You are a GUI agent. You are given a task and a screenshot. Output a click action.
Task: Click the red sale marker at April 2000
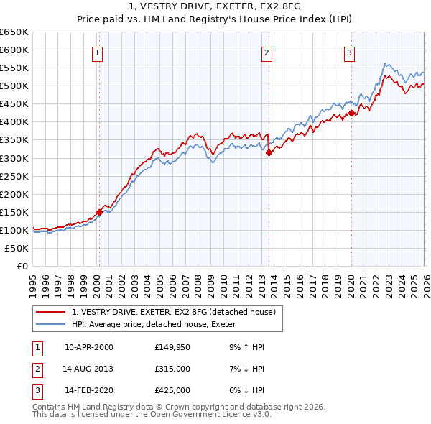(99, 211)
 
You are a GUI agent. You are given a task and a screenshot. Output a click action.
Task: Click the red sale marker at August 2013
(268, 152)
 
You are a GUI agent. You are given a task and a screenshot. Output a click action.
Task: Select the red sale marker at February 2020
(351, 113)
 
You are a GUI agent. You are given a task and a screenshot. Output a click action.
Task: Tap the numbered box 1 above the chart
(97, 52)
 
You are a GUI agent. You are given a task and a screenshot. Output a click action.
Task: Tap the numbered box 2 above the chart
(267, 52)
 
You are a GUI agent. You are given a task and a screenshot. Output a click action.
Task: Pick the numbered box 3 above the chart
(349, 52)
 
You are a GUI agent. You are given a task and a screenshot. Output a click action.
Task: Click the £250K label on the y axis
(14, 176)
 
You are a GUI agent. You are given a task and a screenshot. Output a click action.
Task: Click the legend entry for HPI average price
(152, 323)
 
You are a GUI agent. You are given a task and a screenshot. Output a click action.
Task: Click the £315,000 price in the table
(172, 369)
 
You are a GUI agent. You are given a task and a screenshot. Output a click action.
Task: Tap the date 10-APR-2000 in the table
(88, 347)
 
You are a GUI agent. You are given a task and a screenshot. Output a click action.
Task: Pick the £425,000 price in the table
(172, 390)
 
